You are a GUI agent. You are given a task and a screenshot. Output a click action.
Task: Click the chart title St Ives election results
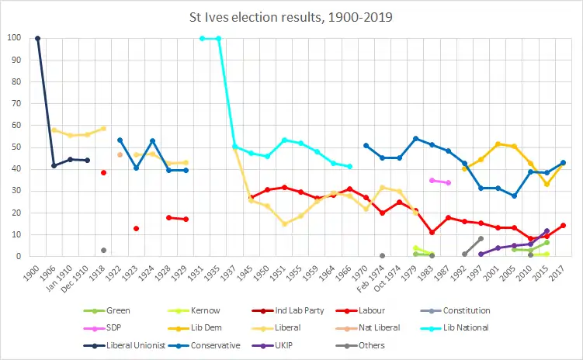[291, 16]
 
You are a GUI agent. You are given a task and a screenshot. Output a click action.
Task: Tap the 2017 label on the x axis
[564, 271]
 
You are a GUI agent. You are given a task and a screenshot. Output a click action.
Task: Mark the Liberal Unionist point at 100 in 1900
[37, 38]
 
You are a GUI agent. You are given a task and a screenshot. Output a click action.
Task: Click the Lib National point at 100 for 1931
[202, 38]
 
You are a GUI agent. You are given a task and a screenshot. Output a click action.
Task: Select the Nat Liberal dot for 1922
[120, 154]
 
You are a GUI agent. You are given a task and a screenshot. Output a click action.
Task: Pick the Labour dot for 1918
[103, 172]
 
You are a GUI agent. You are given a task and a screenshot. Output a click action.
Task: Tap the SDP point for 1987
[448, 182]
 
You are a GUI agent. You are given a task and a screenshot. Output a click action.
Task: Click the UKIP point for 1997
[481, 254]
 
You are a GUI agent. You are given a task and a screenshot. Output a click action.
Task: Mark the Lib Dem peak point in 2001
[498, 144]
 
